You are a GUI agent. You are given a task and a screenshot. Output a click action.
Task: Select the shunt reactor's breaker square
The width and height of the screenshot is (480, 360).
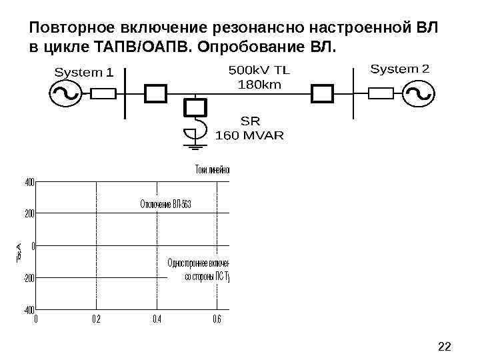195,107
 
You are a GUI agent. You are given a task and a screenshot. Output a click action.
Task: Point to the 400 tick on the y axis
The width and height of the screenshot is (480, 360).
29,181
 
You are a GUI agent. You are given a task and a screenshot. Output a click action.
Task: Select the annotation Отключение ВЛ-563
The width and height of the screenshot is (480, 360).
166,203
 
